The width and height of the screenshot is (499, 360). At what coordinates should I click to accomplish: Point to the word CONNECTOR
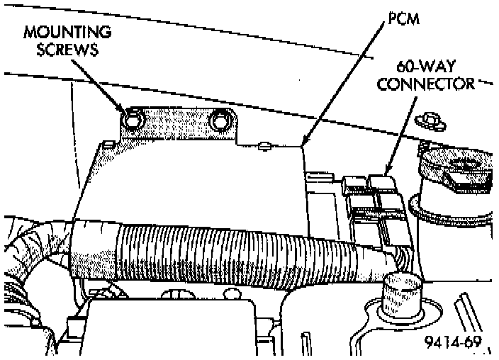[426, 84]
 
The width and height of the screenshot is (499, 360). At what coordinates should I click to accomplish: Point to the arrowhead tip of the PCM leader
[303, 145]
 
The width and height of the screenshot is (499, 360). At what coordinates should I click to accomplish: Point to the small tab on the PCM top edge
[265, 146]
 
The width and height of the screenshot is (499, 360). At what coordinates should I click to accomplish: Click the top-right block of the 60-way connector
[383, 185]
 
